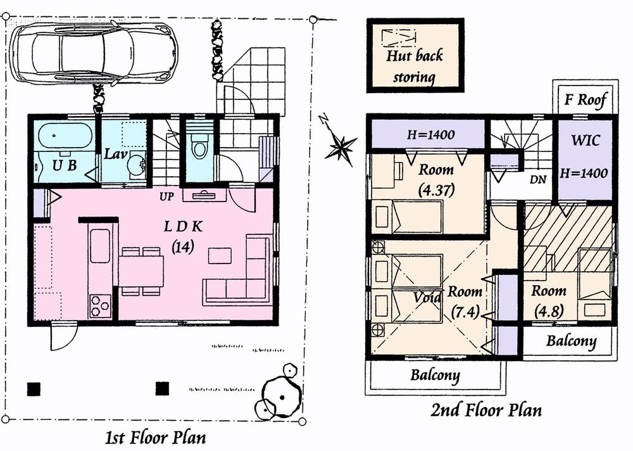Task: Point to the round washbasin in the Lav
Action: tap(135, 167)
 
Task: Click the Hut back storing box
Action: tap(415, 56)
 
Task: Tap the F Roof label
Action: tap(586, 99)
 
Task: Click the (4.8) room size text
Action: tap(548, 311)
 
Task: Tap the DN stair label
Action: tap(537, 179)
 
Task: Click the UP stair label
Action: tap(166, 196)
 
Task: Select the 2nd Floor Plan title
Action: tap(486, 410)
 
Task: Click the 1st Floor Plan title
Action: tap(155, 437)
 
